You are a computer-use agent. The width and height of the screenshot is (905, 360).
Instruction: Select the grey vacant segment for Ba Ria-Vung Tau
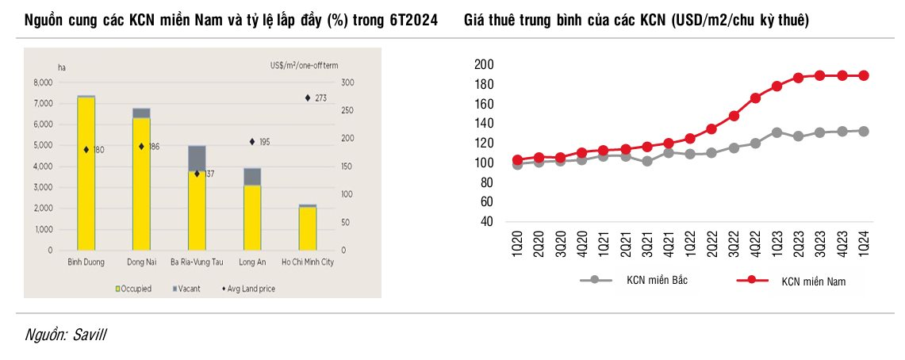(x=197, y=158)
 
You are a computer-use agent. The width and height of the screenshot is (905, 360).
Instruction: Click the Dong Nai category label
(x=141, y=262)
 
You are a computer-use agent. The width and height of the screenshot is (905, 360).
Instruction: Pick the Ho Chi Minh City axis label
(x=308, y=262)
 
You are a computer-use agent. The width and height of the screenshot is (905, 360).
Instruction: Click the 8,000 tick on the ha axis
(x=42, y=82)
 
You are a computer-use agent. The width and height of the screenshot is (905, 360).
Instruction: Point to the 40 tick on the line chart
(x=486, y=221)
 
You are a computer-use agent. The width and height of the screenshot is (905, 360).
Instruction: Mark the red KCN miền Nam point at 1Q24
(x=864, y=76)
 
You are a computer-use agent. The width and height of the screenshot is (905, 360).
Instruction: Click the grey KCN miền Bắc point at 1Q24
(x=864, y=132)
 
